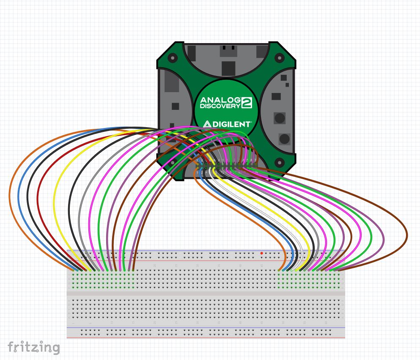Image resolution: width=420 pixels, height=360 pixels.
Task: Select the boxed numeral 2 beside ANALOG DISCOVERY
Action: click(x=246, y=103)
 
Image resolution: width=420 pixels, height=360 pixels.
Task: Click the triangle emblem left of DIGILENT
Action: click(x=207, y=124)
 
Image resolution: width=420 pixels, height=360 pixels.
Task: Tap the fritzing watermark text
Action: click(x=33, y=347)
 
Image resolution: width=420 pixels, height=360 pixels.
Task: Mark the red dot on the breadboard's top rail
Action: click(x=262, y=253)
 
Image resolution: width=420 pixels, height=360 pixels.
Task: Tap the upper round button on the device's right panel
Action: click(x=279, y=118)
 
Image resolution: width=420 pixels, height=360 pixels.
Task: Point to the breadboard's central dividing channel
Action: click(x=206, y=293)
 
